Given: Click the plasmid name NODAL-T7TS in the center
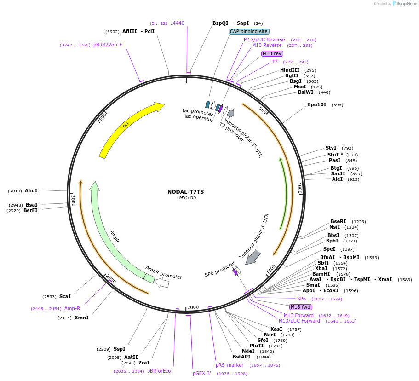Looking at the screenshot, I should click(186, 192).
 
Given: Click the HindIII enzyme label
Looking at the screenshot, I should click(289, 70).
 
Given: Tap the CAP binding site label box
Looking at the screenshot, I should click(249, 31).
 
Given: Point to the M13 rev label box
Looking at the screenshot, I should click(272, 53).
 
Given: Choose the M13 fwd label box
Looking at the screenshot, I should click(300, 307).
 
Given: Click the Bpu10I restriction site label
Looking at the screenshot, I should click(316, 104).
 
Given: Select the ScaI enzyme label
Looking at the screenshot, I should click(65, 297).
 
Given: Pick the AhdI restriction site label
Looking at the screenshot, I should click(31, 190).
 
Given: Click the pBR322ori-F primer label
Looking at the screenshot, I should click(108, 45).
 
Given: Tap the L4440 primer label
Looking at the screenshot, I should click(177, 23).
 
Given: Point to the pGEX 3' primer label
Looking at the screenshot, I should click(202, 373).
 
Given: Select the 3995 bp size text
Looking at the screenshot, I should click(186, 198).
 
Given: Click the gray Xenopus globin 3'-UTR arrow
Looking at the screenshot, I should click(253, 258).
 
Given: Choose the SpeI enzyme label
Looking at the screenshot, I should click(329, 249).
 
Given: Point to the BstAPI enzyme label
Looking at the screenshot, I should click(241, 357).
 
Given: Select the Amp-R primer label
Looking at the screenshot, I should click(72, 308).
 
